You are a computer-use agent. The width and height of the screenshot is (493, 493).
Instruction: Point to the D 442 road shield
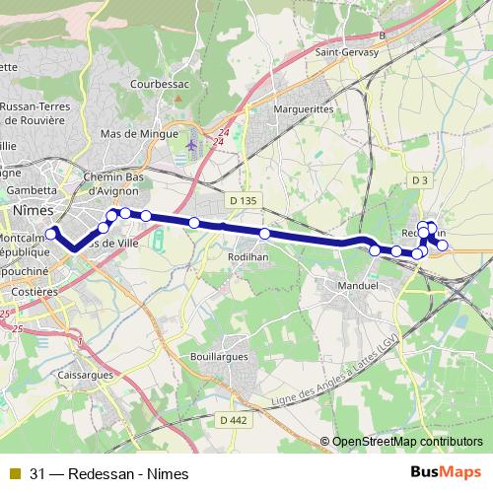click(234, 419)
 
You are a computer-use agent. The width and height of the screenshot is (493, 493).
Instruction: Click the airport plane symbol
click(191, 145)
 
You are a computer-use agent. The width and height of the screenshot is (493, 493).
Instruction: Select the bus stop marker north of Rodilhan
click(264, 234)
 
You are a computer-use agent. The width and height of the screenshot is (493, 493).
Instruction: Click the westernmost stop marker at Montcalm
click(50, 234)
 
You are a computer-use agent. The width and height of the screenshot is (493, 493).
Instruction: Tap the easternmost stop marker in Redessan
click(443, 245)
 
